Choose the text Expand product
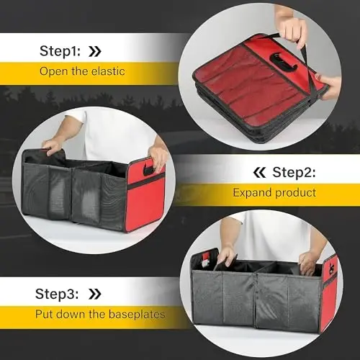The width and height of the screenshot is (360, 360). pyautogui.click(x=274, y=193)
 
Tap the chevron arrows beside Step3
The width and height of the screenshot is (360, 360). pyautogui.click(x=94, y=293)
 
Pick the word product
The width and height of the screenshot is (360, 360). pyautogui.click(x=297, y=193)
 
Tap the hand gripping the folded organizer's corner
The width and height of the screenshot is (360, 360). pyautogui.click(x=326, y=81)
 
